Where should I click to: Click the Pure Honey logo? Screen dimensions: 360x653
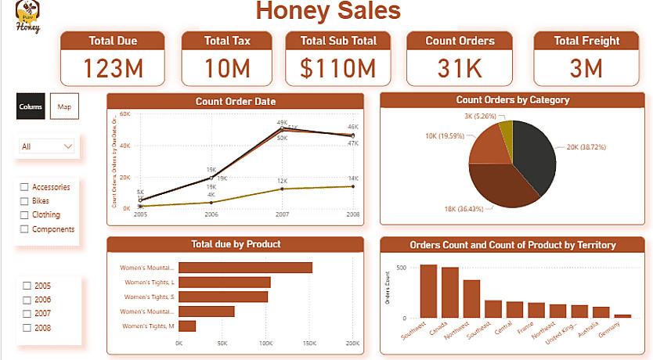[29, 17]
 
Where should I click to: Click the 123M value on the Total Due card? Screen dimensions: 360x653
[113, 69]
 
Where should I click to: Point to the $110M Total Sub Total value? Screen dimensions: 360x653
[337, 69]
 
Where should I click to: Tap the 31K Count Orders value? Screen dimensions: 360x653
[460, 69]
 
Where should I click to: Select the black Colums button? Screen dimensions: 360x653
[31, 106]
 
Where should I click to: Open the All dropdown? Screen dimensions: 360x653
[48, 146]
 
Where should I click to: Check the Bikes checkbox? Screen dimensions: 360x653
[25, 201]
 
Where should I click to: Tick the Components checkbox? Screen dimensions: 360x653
[25, 229]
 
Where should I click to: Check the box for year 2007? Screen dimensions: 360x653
[27, 314]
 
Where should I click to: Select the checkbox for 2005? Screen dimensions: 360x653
[27, 286]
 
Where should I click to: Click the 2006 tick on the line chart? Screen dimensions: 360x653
[211, 214]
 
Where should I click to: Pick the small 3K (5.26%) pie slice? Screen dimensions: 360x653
[506, 129]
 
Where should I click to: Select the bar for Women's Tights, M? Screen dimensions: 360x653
[187, 326]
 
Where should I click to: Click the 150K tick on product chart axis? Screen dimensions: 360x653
[309, 343]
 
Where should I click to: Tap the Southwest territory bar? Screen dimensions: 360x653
[428, 290]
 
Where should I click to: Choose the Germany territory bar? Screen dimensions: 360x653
[622, 315]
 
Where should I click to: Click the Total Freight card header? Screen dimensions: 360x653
[586, 41]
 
